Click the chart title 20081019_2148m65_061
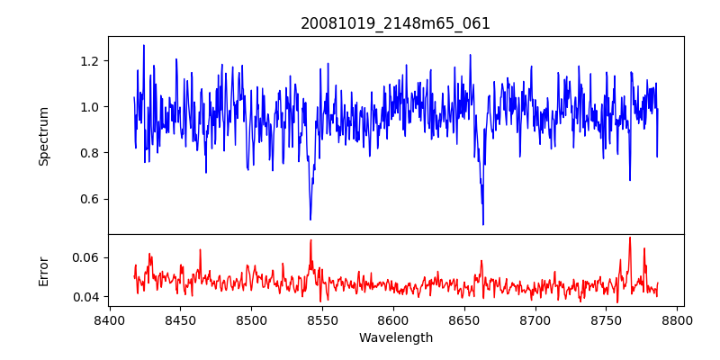pos(395,23)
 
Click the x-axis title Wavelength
pos(395,337)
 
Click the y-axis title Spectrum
pos(44,135)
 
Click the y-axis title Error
pos(44,271)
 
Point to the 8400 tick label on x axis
pos(109,319)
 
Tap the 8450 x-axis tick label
pos(180,319)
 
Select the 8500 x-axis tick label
pos(251,319)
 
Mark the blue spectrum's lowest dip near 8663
pos(483,224)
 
